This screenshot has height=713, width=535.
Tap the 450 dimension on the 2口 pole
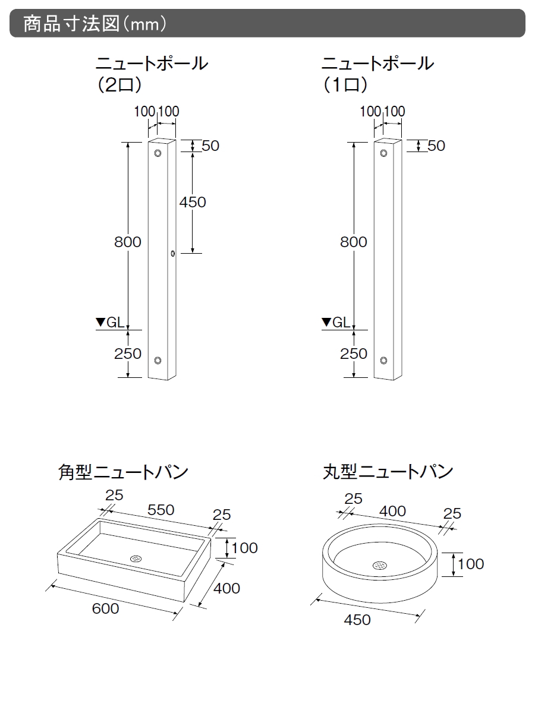pyautogui.click(x=193, y=202)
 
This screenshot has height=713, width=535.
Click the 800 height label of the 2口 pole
pyautogui.click(x=128, y=242)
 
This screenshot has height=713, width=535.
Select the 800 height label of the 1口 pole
pyautogui.click(x=354, y=242)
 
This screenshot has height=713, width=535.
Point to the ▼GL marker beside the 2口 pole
pyautogui.click(x=110, y=323)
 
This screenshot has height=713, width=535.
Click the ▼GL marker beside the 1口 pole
pyautogui.click(x=336, y=323)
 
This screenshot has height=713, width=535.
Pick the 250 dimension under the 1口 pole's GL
pyautogui.click(x=354, y=354)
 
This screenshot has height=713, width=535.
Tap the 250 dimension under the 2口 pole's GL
pyautogui.click(x=128, y=354)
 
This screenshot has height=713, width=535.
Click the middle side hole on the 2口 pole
pyautogui.click(x=172, y=254)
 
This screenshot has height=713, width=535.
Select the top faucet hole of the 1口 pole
pyautogui.click(x=384, y=153)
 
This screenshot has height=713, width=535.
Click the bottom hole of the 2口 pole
pyautogui.click(x=158, y=361)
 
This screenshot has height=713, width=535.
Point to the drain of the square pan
pyautogui.click(x=137, y=559)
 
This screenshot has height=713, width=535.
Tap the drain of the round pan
pyautogui.click(x=379, y=565)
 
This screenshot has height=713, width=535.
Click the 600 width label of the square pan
pyautogui.click(x=105, y=608)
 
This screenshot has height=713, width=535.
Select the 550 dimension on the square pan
pyautogui.click(x=160, y=510)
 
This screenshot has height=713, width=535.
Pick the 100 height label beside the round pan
pyautogui.click(x=471, y=563)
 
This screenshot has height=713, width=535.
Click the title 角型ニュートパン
pyautogui.click(x=123, y=472)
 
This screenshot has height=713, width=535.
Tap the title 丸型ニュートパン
pyautogui.click(x=388, y=472)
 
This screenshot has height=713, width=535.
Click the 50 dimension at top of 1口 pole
pyautogui.click(x=436, y=146)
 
